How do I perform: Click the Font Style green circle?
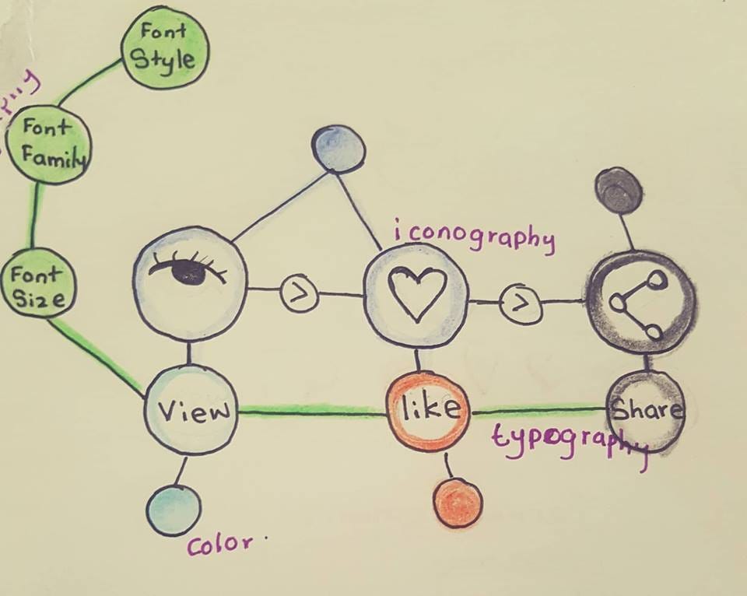[x=165, y=47]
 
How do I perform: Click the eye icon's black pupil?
[x=188, y=272]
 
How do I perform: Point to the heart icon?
[x=417, y=294]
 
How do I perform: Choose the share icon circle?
[x=641, y=302]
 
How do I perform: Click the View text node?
[x=191, y=410]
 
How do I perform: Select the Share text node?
[x=645, y=411]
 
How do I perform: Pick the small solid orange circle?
[x=458, y=503]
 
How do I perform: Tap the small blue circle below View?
[x=174, y=510]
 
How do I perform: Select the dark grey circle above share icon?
[x=619, y=190]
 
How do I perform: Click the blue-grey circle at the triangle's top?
[x=338, y=148]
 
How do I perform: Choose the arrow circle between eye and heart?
[x=300, y=293]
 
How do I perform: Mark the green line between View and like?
[x=311, y=412]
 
